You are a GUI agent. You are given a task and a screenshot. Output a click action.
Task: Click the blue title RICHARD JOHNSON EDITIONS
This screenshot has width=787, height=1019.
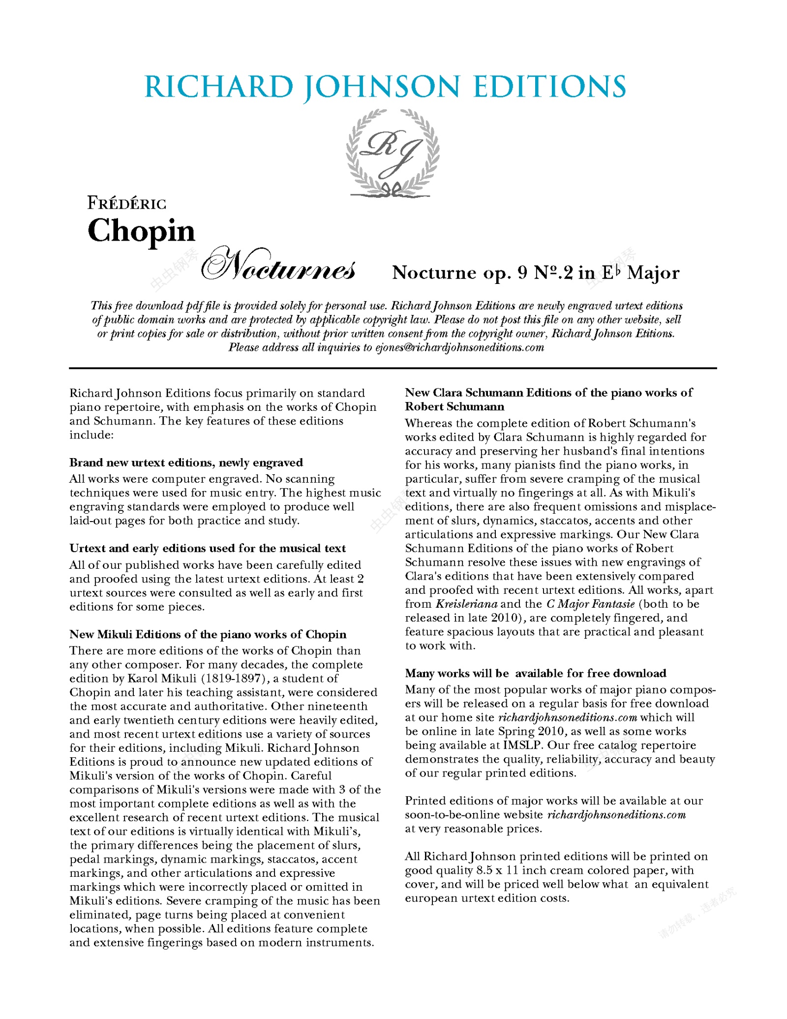point(385,87)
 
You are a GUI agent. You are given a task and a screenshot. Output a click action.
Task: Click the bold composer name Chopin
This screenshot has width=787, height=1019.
point(142,230)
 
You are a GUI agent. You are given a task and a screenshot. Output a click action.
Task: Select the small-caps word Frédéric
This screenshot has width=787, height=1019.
point(127,203)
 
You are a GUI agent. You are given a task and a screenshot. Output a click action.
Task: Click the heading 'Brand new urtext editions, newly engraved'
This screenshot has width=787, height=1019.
point(186,463)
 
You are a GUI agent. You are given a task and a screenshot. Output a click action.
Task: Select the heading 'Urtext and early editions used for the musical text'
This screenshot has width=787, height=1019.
point(207,548)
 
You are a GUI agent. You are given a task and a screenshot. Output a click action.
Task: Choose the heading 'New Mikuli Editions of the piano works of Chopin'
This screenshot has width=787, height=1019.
point(208,634)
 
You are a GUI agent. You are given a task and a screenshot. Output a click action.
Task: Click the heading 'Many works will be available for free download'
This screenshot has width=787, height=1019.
point(536,673)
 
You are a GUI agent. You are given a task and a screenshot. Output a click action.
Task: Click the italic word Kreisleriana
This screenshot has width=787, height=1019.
point(466,604)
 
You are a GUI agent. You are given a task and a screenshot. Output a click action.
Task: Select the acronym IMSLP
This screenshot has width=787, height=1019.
point(521,745)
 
